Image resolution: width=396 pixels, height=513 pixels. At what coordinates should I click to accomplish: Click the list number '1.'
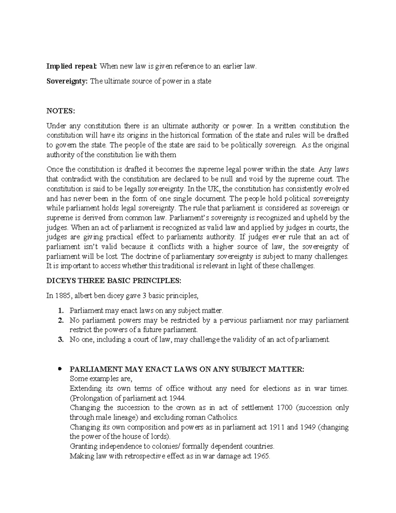(x=60, y=311)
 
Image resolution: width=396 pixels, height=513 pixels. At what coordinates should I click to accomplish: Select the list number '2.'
(x=60, y=320)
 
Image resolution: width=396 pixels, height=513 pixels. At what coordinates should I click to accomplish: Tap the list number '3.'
(x=60, y=339)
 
